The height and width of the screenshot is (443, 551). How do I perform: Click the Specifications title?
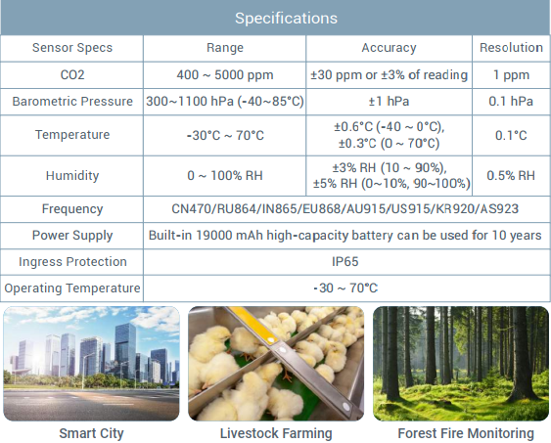[286, 19]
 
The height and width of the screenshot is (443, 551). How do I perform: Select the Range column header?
[225, 48]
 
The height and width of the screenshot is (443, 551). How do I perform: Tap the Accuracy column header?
[389, 48]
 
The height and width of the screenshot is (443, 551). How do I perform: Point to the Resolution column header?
[511, 47]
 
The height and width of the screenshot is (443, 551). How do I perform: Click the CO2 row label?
[72, 74]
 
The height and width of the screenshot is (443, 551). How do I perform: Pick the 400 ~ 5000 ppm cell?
[225, 74]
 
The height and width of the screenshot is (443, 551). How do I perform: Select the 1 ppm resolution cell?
[511, 74]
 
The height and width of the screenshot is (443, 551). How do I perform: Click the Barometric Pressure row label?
[72, 102]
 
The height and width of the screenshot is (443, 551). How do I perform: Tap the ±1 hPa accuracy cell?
[389, 102]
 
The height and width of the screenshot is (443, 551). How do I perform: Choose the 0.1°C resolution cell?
[511, 135]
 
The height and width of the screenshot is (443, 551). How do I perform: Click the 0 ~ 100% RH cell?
[225, 175]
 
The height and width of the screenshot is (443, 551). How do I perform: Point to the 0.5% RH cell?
[511, 175]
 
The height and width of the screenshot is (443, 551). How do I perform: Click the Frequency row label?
[72, 209]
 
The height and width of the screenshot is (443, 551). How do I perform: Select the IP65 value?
[345, 262]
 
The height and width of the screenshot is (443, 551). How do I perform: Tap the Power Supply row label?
[72, 236]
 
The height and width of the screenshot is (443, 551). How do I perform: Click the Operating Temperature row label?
[72, 288]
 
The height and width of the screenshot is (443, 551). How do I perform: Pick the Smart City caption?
[91, 433]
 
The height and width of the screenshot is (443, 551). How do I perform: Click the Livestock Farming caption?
[276, 433]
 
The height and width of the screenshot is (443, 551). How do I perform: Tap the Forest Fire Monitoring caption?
[466, 433]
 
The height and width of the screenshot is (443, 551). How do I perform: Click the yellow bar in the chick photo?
[253, 324]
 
